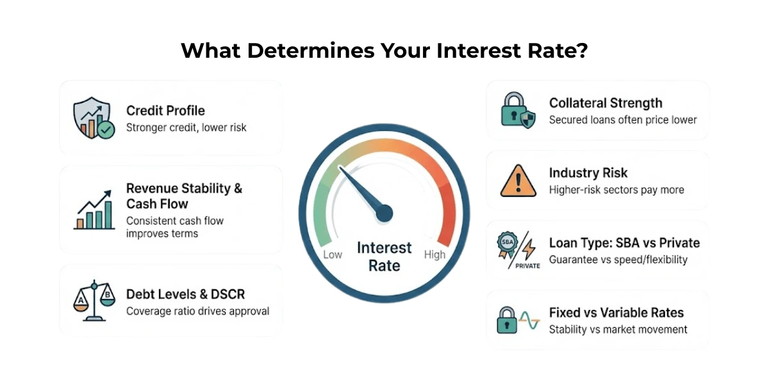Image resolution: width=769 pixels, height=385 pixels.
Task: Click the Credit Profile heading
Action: [165, 110]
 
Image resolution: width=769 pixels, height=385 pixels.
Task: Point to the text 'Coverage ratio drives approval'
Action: [197, 311]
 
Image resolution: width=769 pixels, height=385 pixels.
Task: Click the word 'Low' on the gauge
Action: [333, 255]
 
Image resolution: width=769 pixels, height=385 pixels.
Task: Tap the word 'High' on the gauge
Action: [434, 255]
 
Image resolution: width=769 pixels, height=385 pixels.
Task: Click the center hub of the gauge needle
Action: [384, 214]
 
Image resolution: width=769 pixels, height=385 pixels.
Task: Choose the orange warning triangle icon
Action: [518, 180]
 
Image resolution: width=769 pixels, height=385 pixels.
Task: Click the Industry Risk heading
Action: [588, 173]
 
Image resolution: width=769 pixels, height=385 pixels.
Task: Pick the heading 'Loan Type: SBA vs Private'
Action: [624, 243]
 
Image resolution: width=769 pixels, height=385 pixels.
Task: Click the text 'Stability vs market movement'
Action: [618, 329]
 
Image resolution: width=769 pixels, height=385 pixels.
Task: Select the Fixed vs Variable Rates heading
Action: [616, 313]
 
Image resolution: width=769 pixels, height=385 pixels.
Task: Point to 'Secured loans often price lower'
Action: [623, 120]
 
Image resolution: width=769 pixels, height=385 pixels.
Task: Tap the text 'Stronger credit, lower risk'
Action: [186, 127]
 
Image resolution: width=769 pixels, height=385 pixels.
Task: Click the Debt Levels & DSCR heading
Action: [185, 295]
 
